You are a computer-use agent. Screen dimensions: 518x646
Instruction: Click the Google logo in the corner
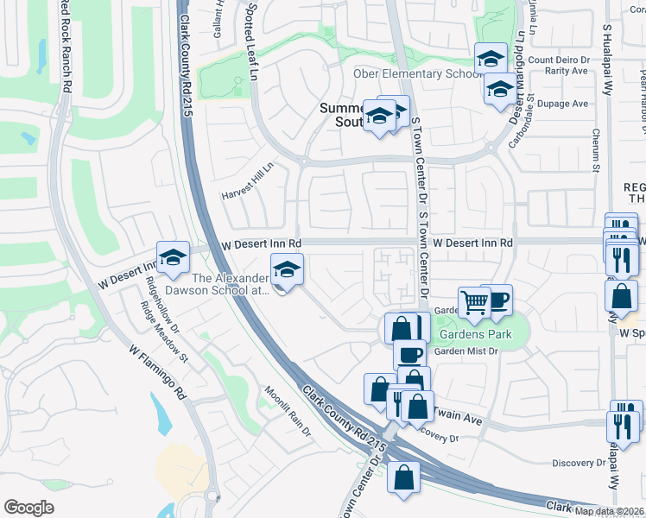pyautogui.click(x=28, y=507)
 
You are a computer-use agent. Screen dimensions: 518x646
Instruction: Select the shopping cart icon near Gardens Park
pyautogui.click(x=473, y=302)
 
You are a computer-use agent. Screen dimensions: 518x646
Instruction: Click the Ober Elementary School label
pyautogui.click(x=417, y=73)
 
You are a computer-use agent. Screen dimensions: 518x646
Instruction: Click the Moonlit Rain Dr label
pyautogui.click(x=288, y=407)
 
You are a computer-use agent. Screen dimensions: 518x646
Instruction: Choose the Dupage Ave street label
pyautogui.click(x=562, y=104)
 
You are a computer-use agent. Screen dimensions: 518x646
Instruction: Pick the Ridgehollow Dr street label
pyautogui.click(x=161, y=304)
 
